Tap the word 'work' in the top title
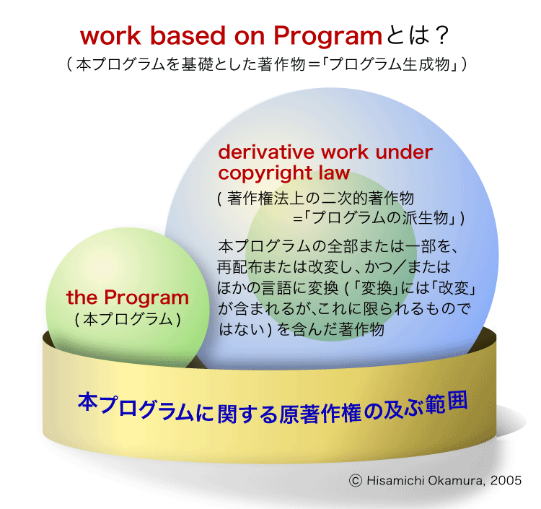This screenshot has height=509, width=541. click(108, 37)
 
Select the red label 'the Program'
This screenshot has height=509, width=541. click(128, 297)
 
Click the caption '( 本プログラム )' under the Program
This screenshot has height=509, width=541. click(128, 318)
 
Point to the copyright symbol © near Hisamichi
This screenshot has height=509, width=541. click(355, 480)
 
